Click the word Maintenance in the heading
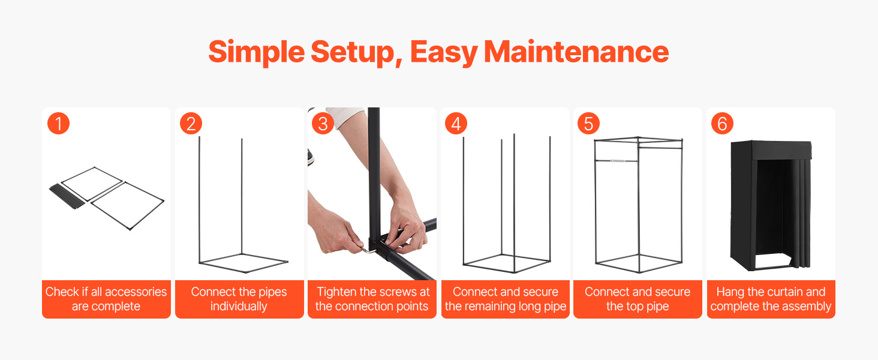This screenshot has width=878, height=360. pyautogui.click(x=576, y=52)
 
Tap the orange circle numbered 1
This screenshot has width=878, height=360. pyautogui.click(x=58, y=124)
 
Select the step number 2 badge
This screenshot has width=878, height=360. pyautogui.click(x=191, y=124)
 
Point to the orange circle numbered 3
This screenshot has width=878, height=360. pyautogui.click(x=323, y=124)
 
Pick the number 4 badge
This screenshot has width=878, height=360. pyautogui.click(x=456, y=124)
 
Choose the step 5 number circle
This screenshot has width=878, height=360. pyautogui.click(x=589, y=124)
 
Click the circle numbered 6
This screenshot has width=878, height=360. pyautogui.click(x=722, y=124)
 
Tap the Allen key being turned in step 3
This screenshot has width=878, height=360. pyautogui.click(x=366, y=249)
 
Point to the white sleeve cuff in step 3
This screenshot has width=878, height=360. pyautogui.click(x=345, y=116)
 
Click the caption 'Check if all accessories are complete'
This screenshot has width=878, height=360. pyautogui.click(x=106, y=299)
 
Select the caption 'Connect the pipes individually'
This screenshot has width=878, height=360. pyautogui.click(x=239, y=299)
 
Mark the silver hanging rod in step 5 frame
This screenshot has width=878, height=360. pyautogui.click(x=617, y=161)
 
